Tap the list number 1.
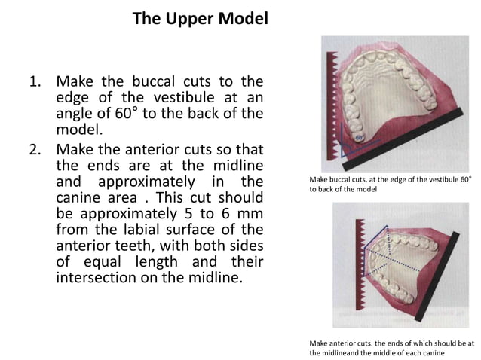click(35, 81)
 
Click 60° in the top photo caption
click(464, 180)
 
